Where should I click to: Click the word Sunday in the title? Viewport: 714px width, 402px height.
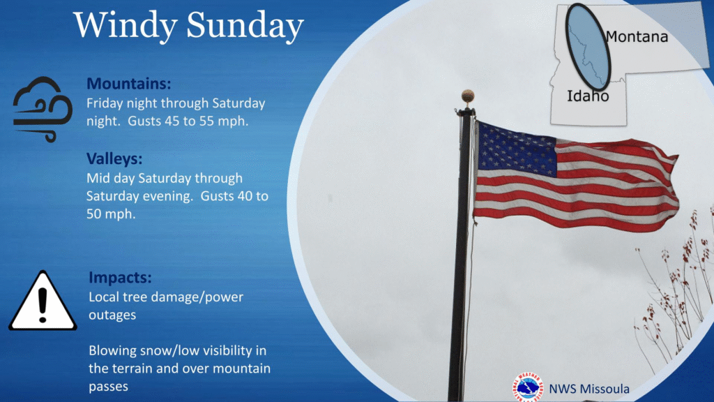[x=245, y=26]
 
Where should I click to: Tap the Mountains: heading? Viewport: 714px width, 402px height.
[x=129, y=84]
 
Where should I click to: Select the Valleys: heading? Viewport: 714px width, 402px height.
[x=114, y=158]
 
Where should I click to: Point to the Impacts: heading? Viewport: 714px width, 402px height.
[x=120, y=277]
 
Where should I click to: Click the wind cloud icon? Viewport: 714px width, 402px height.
[x=43, y=110]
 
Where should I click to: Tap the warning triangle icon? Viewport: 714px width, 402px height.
[x=43, y=301]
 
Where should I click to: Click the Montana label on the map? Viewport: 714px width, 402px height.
[x=637, y=36]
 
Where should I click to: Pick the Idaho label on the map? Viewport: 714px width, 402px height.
[x=588, y=96]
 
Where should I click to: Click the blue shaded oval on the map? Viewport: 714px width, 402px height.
[x=588, y=47]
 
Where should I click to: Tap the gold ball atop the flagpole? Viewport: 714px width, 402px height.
[x=468, y=96]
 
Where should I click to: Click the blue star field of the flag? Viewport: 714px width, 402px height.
[x=517, y=149]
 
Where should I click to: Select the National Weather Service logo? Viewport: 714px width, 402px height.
[x=529, y=388]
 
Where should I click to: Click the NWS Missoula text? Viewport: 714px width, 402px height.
[x=589, y=389]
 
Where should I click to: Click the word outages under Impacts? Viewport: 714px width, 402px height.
[x=112, y=315]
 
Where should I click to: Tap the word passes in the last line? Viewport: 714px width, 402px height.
[x=108, y=387]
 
